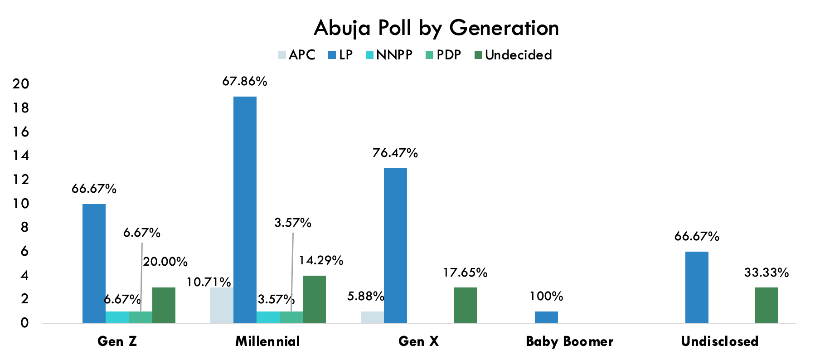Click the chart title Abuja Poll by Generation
click(436, 28)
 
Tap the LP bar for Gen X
click(395, 245)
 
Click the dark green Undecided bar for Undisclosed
click(766, 305)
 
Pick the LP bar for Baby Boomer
click(546, 317)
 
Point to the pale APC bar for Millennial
click(222, 305)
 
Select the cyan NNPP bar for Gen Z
click(117, 317)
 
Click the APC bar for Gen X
click(372, 317)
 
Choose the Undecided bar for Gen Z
click(164, 305)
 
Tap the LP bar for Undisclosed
click(697, 287)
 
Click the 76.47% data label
click(395, 153)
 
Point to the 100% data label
click(546, 297)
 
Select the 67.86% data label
click(245, 82)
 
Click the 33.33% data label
click(766, 273)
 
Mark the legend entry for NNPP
click(389, 55)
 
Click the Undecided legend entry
click(513, 55)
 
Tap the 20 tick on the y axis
click(21, 84)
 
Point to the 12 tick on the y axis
click(21, 180)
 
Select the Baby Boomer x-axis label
click(569, 341)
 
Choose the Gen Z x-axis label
click(117, 341)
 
